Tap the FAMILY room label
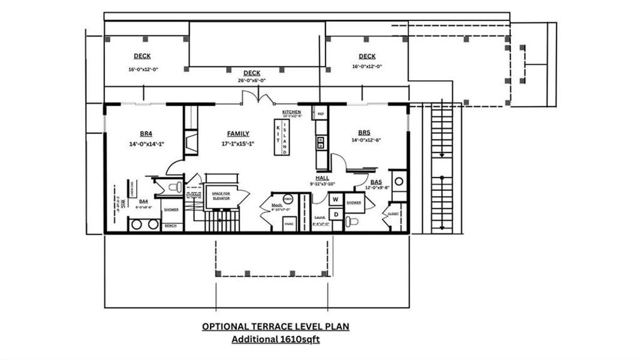pyautogui.click(x=238, y=134)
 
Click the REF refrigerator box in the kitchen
pyautogui.click(x=320, y=113)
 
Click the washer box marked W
pyautogui.click(x=336, y=199)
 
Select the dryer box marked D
pyautogui.click(x=336, y=214)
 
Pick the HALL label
pyautogui.click(x=322, y=178)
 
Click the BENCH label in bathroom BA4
pyautogui.click(x=170, y=226)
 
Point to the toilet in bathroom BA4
pyautogui.click(x=174, y=187)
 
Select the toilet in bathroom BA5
pyautogui.click(x=354, y=223)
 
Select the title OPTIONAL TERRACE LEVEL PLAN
pyautogui.click(x=275, y=327)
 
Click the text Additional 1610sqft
pyautogui.click(x=276, y=340)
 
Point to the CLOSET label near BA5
pyautogui.click(x=393, y=213)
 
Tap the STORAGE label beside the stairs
pyautogui.click(x=194, y=195)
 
